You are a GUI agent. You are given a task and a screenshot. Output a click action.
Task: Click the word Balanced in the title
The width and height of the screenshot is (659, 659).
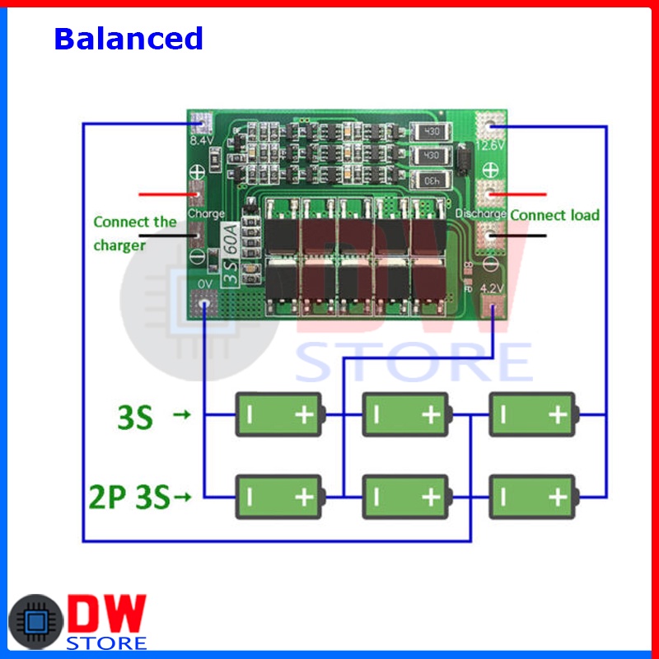click(x=129, y=38)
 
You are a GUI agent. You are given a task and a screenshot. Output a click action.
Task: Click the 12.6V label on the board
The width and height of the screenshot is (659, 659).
click(x=491, y=146)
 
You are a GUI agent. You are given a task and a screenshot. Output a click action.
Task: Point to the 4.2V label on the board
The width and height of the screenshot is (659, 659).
click(x=491, y=289)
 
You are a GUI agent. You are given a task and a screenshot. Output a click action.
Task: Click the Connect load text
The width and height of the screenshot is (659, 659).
click(x=554, y=215)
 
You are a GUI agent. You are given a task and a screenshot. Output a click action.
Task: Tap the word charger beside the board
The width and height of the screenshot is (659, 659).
click(x=119, y=245)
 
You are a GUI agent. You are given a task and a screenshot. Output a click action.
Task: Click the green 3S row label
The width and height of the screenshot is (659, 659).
click(x=133, y=418)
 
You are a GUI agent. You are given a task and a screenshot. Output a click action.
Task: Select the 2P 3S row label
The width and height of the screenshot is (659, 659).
click(x=129, y=497)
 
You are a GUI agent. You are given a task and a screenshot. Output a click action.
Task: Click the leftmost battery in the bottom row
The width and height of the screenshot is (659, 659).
click(x=281, y=496)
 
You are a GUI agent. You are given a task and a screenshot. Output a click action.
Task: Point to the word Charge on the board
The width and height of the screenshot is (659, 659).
click(x=205, y=213)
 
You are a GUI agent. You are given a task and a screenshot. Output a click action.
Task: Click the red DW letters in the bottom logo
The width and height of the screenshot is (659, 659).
click(x=108, y=613)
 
